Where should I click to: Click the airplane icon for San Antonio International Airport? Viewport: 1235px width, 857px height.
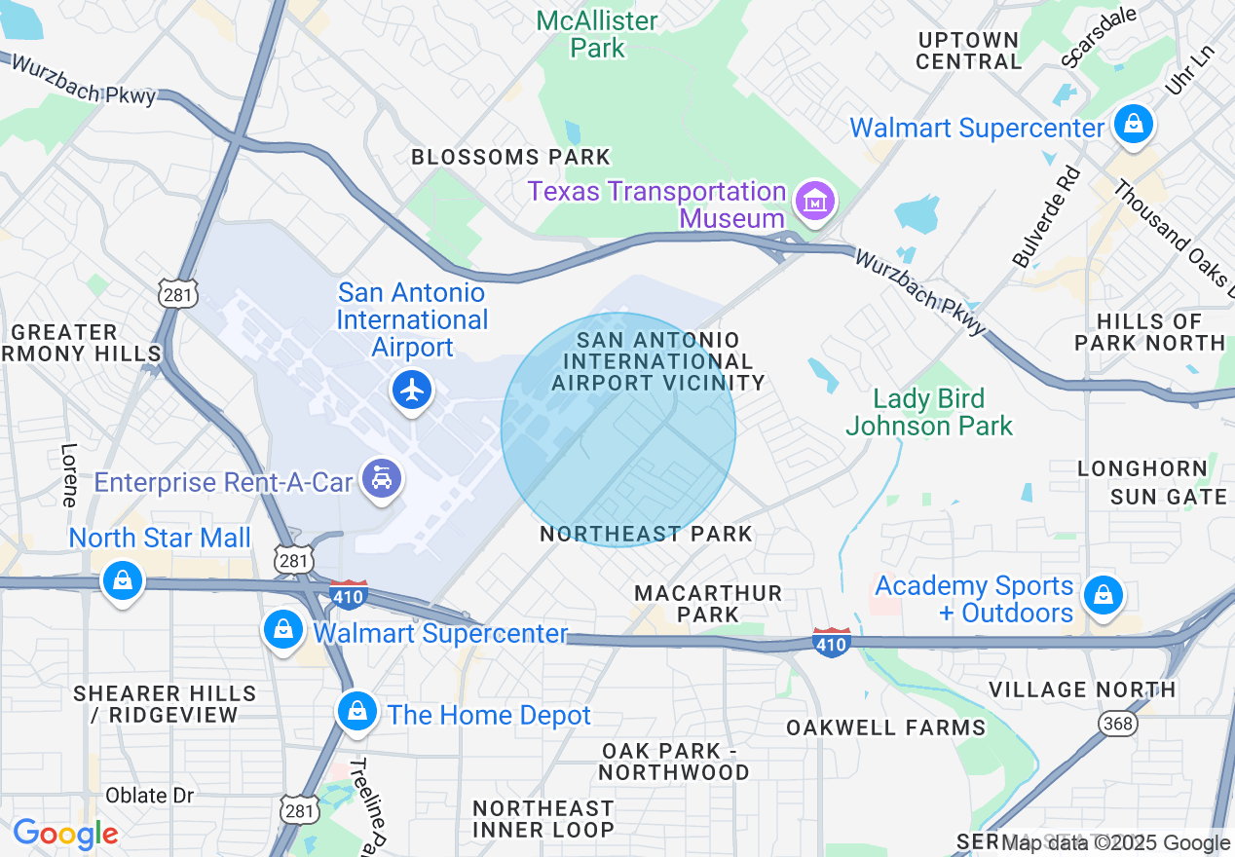point(413,391)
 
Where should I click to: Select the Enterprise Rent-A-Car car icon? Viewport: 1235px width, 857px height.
point(382,479)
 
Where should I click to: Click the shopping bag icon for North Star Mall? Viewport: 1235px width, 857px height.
point(123,581)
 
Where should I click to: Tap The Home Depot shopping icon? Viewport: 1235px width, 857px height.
point(357,713)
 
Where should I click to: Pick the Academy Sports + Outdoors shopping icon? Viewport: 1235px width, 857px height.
point(1103,592)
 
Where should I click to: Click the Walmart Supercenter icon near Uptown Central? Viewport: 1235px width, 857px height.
point(1134,125)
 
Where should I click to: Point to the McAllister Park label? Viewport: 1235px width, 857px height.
point(598,34)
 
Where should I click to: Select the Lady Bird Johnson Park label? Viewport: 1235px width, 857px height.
point(928,412)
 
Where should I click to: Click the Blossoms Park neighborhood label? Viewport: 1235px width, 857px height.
point(510,157)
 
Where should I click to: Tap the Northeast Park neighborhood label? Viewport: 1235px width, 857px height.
point(646,534)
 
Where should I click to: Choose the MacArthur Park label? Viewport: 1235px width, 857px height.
point(708,604)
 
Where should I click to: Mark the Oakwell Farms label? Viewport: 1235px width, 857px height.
point(885,727)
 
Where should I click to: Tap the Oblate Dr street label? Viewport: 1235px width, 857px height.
point(149,795)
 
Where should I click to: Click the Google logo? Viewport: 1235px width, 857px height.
point(65,834)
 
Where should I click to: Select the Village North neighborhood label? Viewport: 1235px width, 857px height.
point(1082,689)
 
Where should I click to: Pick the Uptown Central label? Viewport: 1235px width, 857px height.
point(968,51)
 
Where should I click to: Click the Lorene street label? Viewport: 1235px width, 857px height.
point(69,475)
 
